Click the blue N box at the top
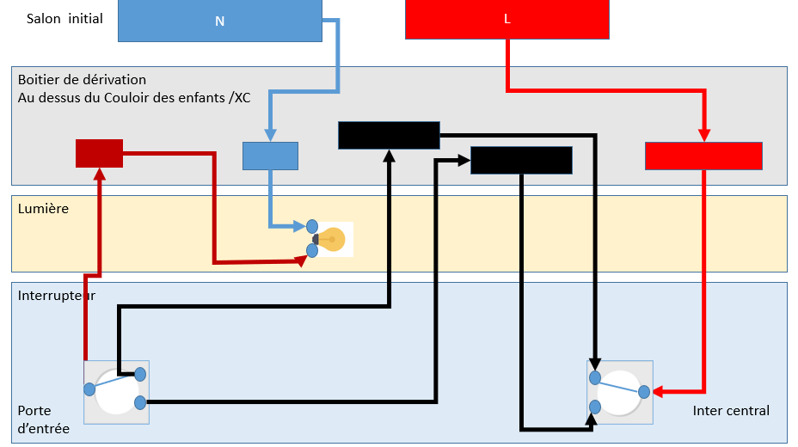(219, 20)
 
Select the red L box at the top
(506, 19)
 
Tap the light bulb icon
(332, 239)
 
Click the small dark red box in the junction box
(99, 153)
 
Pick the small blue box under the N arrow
(270, 156)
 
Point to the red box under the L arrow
(703, 156)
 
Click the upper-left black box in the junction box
(389, 135)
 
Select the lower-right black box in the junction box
(521, 160)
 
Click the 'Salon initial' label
(65, 18)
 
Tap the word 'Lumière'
(43, 209)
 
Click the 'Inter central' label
(731, 411)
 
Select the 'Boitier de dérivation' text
(82, 80)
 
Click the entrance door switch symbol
(116, 391)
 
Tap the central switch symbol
(619, 392)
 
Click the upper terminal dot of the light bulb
(311, 227)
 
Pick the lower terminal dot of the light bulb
(311, 251)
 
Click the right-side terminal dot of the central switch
(644, 392)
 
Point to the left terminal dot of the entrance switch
(89, 389)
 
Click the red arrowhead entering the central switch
(658, 392)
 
